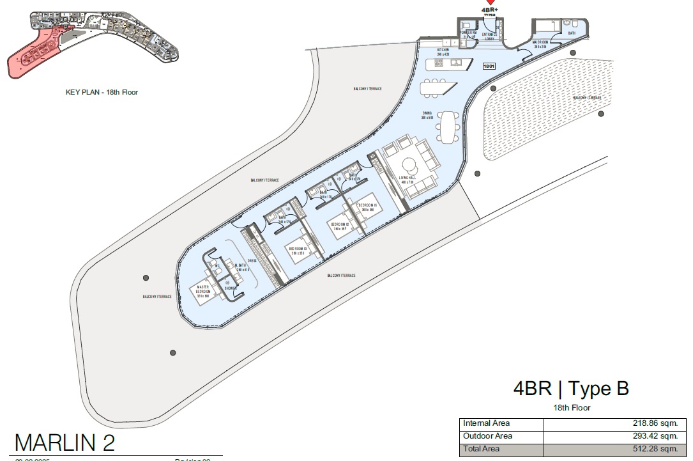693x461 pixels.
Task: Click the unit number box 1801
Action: click(x=490, y=65)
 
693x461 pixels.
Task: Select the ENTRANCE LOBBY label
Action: click(x=490, y=36)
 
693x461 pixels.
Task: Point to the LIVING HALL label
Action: click(x=407, y=179)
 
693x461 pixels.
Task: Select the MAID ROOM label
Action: click(x=540, y=44)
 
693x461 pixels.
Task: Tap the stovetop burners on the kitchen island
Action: click(x=439, y=65)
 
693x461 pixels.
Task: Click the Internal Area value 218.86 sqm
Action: click(x=657, y=423)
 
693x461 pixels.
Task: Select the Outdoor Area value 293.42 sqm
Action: click(x=657, y=436)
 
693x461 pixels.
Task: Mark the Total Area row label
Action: click(x=483, y=449)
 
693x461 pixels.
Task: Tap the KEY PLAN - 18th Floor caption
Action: click(x=102, y=92)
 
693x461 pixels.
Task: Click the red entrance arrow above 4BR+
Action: click(x=490, y=3)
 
